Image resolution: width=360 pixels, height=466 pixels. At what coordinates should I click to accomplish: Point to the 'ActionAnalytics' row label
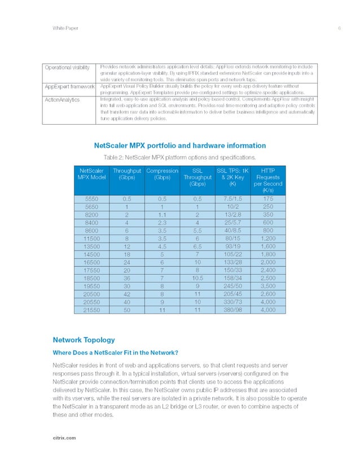[x=62, y=100]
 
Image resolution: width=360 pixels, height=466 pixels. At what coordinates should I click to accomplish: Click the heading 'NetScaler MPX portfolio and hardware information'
[x=179, y=145]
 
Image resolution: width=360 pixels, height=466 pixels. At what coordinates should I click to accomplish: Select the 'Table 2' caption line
[x=179, y=156]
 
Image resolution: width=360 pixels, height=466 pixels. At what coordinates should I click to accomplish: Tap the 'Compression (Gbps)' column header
[x=163, y=174]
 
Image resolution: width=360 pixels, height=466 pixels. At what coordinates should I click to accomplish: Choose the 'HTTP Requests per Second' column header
[x=268, y=181]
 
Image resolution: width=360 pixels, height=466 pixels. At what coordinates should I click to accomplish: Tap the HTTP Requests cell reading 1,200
[x=268, y=238]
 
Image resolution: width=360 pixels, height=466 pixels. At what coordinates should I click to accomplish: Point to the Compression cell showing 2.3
[x=163, y=222]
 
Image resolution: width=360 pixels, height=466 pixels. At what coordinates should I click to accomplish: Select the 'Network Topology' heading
[x=84, y=340]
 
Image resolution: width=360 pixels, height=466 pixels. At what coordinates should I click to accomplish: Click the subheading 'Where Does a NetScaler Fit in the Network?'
[x=116, y=353]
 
